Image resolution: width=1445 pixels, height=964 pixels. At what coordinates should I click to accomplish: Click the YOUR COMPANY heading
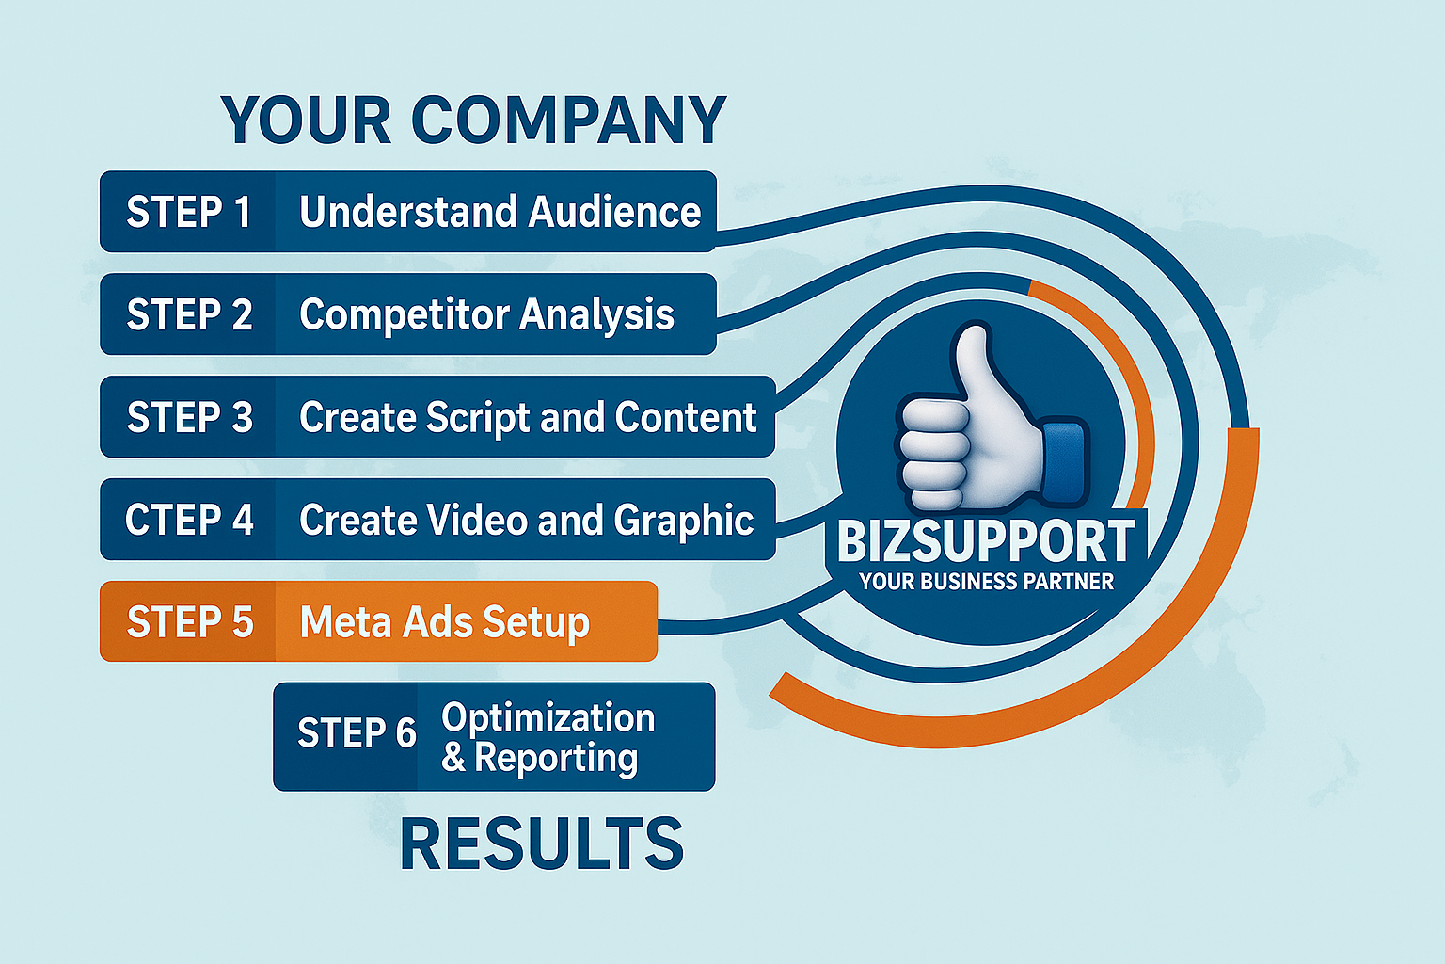pos(474,120)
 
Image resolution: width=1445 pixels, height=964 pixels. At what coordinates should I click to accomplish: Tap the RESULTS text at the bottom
pos(542,843)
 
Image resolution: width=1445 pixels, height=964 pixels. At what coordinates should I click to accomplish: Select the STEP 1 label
pos(188,212)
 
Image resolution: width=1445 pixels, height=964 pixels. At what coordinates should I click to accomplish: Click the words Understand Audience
pos(500,212)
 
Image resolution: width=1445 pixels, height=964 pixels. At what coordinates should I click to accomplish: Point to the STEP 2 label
pos(190,314)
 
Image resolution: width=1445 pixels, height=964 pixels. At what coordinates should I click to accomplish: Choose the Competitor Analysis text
pos(486,315)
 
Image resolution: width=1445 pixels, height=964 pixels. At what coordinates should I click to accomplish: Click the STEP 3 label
pos(190,416)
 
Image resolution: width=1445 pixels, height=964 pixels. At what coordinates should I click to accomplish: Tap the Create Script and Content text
pos(528,418)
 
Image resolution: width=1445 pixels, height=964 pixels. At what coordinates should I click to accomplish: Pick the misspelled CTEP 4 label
pos(189,520)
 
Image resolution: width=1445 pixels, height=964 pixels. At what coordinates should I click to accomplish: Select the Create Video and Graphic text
pos(527,521)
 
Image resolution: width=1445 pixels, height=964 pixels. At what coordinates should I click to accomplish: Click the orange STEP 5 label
pos(190,621)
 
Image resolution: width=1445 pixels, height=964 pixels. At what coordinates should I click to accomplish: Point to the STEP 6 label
pos(357,732)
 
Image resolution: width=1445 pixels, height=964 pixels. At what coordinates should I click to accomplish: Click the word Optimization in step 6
pos(548,718)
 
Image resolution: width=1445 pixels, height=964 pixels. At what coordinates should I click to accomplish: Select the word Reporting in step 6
pos(556,759)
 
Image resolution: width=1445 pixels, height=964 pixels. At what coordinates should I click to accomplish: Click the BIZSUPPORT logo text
pos(985,541)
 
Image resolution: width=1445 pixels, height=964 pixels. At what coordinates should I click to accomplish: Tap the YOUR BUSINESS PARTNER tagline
pos(986,582)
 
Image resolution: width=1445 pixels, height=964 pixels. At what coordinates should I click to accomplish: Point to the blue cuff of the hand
pos(1064,461)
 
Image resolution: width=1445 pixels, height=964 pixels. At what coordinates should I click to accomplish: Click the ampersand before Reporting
pos(454,758)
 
